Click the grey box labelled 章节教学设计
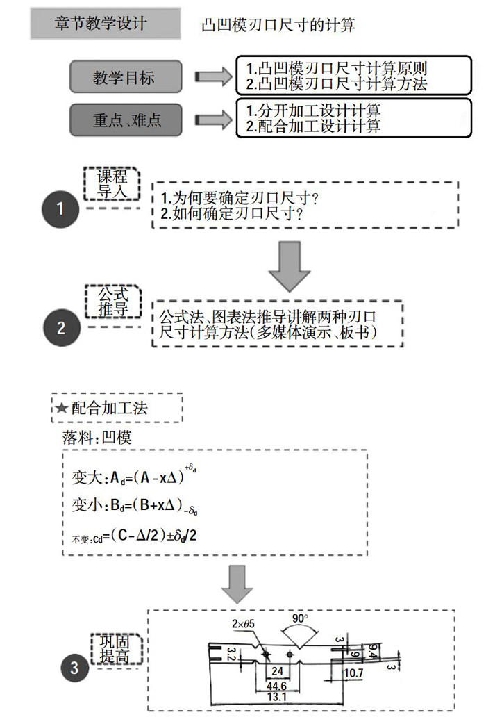pyautogui.click(x=101, y=23)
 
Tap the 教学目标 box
pyautogui.click(x=125, y=77)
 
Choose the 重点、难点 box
pyautogui.click(x=125, y=120)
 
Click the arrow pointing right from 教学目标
pyautogui.click(x=211, y=76)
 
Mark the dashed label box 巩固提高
pyautogui.click(x=116, y=648)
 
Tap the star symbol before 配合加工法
pyautogui.click(x=62, y=409)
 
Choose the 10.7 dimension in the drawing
pyautogui.click(x=353, y=673)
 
